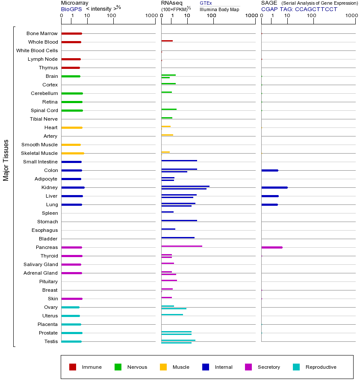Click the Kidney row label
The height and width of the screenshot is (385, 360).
49,187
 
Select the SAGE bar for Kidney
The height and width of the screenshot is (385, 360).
274,187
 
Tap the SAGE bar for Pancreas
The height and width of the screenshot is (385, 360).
271,247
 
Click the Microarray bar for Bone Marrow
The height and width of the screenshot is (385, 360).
71,33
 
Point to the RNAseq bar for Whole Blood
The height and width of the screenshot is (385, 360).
167,41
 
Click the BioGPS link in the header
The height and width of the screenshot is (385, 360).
71,9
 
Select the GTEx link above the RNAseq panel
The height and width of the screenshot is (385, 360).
206,3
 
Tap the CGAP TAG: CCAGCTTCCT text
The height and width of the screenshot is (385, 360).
299,9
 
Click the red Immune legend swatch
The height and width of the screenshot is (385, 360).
73,367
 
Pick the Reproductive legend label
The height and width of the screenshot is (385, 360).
321,367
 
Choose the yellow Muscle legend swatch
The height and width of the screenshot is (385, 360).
163,367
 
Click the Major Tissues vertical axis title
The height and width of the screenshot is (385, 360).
6,160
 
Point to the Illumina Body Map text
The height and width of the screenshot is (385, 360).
219,9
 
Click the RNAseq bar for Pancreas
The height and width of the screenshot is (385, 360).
181,246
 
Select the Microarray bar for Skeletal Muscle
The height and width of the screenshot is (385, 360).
72,153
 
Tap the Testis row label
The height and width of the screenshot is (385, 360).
51,341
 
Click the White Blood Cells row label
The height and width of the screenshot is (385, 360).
37,50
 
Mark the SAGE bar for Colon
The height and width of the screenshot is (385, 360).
269,170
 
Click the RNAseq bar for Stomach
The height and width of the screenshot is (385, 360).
179,220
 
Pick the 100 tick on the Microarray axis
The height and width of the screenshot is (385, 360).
112,16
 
